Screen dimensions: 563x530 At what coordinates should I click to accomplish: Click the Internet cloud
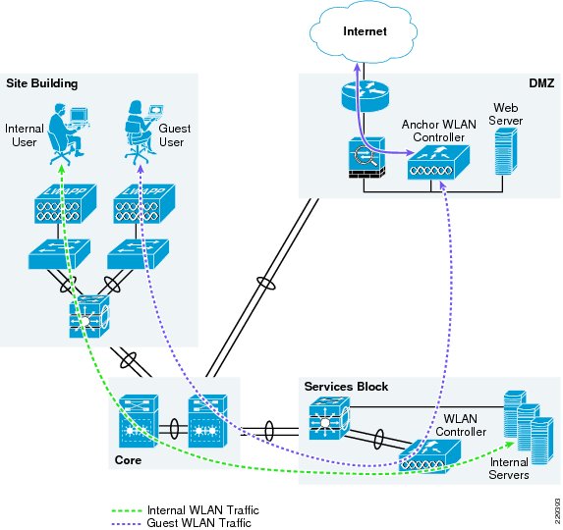[x=364, y=31]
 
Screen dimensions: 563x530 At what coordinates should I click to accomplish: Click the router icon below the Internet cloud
[x=365, y=96]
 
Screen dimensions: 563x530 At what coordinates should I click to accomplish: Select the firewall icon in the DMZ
[x=366, y=158]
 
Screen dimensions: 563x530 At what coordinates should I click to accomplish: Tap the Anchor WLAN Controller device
[x=438, y=163]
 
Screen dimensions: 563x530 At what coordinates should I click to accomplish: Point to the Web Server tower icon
[x=506, y=151]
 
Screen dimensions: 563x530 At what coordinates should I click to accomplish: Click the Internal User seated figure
[x=68, y=133]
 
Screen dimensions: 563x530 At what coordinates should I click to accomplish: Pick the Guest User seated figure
[x=142, y=132]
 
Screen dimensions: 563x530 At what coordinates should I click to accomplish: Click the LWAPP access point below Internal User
[x=66, y=204]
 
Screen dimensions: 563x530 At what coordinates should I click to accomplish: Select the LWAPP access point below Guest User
[x=144, y=204]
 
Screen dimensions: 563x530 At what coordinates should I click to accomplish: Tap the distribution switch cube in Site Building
[x=89, y=316]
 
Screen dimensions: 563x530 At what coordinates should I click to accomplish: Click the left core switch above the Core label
[x=139, y=421]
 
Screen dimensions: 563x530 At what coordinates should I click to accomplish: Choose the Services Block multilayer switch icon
[x=329, y=418]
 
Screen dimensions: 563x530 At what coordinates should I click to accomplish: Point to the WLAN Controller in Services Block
[x=429, y=456]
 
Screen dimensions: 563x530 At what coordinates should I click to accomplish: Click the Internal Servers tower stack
[x=528, y=427]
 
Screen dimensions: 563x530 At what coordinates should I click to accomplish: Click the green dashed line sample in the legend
[x=127, y=510]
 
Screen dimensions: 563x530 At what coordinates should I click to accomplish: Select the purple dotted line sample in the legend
[x=127, y=523]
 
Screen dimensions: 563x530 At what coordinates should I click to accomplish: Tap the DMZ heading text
[x=541, y=83]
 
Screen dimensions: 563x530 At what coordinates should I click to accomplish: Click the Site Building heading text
[x=42, y=83]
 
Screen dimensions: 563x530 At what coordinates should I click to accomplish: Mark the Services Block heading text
[x=346, y=387]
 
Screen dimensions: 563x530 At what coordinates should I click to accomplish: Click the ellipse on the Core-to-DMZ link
[x=266, y=284]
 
